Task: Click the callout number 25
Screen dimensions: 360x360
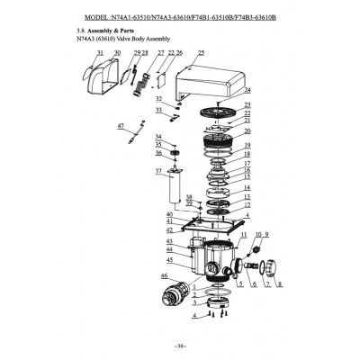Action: [201, 54]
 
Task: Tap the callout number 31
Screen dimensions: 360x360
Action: [100, 54]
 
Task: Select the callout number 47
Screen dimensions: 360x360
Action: [121, 128]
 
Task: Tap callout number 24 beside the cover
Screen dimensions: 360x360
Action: [247, 91]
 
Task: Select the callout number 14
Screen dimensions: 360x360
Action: [247, 187]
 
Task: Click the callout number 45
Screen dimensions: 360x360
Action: [169, 260]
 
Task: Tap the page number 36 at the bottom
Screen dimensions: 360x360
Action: [180, 346]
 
